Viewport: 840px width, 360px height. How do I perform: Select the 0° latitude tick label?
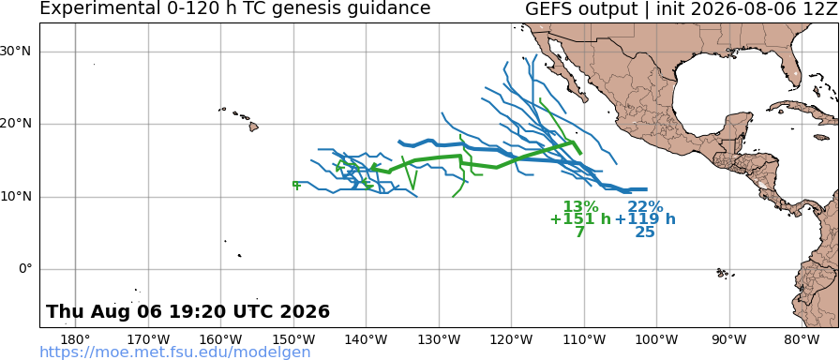point(25,269)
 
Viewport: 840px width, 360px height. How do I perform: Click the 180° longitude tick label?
point(76,339)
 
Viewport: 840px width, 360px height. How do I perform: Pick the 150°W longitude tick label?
point(293,339)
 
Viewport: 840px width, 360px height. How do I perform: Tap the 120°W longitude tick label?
point(511,339)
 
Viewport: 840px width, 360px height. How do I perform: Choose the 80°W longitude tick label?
point(801,339)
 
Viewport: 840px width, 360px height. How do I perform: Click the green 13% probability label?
point(580,207)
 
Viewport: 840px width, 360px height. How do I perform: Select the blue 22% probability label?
point(645,207)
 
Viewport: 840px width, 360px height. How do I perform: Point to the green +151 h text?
point(580,219)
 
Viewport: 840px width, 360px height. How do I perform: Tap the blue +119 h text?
point(645,219)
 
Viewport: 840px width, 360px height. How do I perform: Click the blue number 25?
point(645,232)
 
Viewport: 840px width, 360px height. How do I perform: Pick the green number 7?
point(579,232)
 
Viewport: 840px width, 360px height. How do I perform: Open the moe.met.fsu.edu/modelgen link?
point(175,352)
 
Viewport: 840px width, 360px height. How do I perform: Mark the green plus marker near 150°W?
point(296,185)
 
